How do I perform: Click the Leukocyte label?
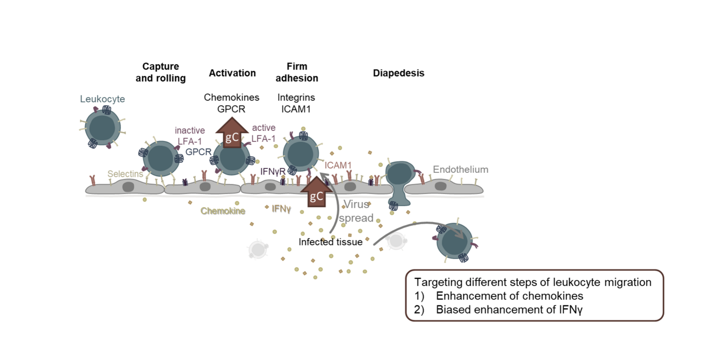(102, 99)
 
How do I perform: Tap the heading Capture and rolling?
(160, 72)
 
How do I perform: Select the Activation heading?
(232, 73)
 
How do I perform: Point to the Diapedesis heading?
(398, 73)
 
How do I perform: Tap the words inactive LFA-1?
(190, 136)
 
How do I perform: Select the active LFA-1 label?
(263, 133)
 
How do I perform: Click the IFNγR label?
(273, 172)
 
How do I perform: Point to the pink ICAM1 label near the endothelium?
(337, 165)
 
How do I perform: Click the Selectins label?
(125, 174)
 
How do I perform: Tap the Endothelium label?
(460, 170)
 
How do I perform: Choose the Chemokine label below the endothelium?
(223, 211)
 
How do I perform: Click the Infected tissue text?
(330, 242)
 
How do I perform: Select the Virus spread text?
(356, 211)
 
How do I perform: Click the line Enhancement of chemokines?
(509, 296)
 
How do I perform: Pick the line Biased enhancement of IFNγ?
(509, 309)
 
